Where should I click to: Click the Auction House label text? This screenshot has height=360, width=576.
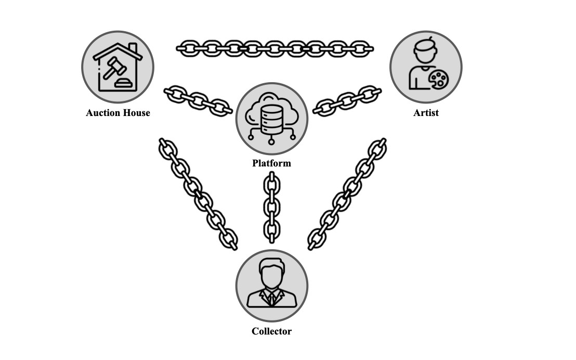[x=118, y=113]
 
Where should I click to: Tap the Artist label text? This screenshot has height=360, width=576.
[x=426, y=113]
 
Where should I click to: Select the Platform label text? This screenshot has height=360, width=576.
[x=271, y=163]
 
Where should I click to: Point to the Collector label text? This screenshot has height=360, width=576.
[x=271, y=331]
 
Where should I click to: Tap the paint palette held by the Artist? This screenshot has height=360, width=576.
[x=438, y=80]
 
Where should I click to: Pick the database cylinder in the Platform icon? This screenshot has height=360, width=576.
[x=271, y=115]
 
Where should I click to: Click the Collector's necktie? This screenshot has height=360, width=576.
[x=271, y=298]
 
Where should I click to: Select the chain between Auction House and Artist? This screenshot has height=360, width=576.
[x=274, y=48]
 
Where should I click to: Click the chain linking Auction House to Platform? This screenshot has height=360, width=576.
[x=198, y=100]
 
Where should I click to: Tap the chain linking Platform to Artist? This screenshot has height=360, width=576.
[x=347, y=100]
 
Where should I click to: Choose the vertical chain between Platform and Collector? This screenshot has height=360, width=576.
[x=271, y=208]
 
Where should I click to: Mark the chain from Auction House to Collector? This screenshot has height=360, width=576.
[x=198, y=194]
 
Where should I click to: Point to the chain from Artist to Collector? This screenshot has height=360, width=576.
[x=347, y=194]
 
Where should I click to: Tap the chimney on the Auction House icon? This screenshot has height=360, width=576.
[x=133, y=48]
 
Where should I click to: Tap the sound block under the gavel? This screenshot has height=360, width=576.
[x=124, y=83]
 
